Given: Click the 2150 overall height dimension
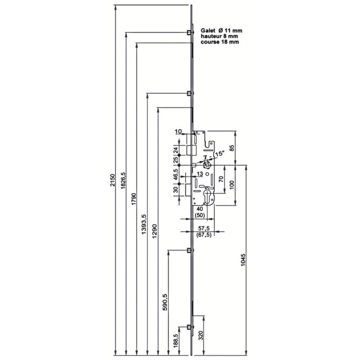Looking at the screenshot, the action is (x=112, y=180).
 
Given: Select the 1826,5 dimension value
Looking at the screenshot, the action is (x=123, y=180).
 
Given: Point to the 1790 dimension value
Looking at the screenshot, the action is (x=134, y=199).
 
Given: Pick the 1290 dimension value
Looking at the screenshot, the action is (x=155, y=231).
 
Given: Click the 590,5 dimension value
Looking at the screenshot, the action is (x=165, y=302).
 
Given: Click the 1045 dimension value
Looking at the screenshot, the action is (x=243, y=260).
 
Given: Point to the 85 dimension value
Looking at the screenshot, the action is (x=232, y=148).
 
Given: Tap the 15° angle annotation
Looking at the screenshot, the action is (x=220, y=153).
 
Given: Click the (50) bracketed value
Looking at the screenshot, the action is (x=199, y=216).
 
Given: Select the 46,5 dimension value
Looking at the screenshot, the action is (x=175, y=175).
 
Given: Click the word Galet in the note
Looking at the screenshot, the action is (x=208, y=30).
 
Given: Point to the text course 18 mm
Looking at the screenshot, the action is (x=220, y=42).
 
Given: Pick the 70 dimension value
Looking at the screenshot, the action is (x=221, y=179).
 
